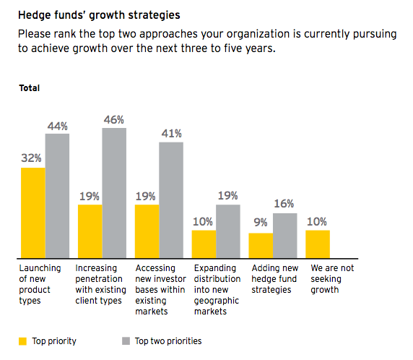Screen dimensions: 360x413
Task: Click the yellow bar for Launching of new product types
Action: point(32,213)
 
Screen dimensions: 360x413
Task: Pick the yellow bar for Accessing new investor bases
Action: point(147,231)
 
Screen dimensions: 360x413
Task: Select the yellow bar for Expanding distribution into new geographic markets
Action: point(204,244)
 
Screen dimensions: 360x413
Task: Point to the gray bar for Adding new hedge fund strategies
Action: point(284,235)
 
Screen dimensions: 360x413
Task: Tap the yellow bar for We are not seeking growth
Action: point(317,244)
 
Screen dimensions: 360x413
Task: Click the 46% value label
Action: point(114,119)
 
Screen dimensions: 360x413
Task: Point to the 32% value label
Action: point(32,158)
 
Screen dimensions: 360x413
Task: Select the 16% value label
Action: point(284,204)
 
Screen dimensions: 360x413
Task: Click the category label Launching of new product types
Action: point(40,284)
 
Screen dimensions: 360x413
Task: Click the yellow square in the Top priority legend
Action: point(22,341)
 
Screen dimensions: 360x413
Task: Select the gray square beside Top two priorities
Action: point(125,341)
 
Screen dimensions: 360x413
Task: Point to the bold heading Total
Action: point(30,88)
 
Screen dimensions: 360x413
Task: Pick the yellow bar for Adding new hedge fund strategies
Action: point(260,245)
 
